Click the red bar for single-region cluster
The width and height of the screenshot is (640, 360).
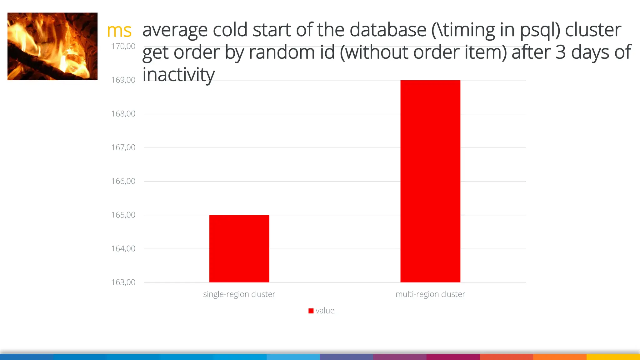click(239, 248)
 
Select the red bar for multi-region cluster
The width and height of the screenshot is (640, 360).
click(430, 181)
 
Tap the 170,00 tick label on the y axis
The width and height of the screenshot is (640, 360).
click(123, 46)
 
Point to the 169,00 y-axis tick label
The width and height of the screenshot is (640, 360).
click(123, 80)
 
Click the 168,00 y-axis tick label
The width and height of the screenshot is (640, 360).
click(123, 114)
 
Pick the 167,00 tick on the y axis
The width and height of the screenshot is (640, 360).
click(123, 147)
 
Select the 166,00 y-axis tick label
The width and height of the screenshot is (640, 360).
click(123, 181)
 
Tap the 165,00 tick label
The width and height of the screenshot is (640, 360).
click(123, 215)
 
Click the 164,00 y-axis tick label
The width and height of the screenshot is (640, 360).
click(123, 249)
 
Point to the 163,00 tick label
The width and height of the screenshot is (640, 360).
click(123, 282)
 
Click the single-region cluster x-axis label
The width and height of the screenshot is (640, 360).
click(239, 294)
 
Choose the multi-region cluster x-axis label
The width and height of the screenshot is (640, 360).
click(430, 294)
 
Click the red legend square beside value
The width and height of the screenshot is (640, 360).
click(311, 311)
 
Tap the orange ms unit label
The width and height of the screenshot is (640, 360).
click(119, 31)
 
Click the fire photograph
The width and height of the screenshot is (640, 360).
click(52, 46)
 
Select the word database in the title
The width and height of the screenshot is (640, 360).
click(388, 30)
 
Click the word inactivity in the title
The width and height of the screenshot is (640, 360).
click(178, 75)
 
